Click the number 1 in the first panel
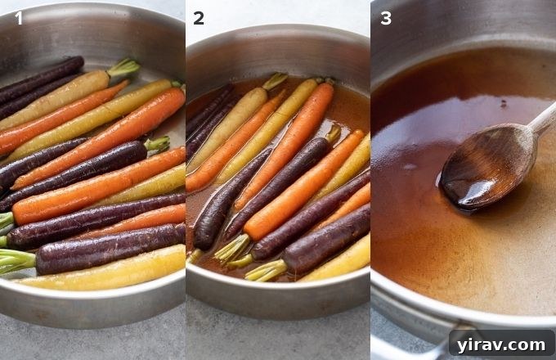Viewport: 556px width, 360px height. pos(18,17)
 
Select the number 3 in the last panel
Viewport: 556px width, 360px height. pos(385,17)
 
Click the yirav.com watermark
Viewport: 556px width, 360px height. pos(501,342)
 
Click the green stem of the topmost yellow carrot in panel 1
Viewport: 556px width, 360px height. pos(123,67)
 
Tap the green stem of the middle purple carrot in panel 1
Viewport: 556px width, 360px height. pos(157,144)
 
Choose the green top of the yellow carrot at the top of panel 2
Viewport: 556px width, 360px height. pos(275,81)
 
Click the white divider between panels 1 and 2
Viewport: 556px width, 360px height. pos(186,180)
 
